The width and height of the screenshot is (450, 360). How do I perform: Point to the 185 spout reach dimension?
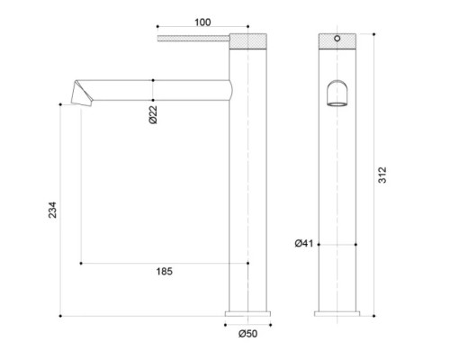tap(165, 271)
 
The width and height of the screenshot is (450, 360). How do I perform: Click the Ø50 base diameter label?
tap(247, 334)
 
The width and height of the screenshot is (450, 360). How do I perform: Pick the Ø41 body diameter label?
tap(303, 244)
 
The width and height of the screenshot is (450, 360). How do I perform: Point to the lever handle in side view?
tap(193, 39)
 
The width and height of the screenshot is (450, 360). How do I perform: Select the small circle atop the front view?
tap(339, 40)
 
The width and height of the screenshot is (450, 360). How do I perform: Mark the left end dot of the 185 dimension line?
tap(81, 263)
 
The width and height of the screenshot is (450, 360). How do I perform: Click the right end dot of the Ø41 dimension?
tap(357, 244)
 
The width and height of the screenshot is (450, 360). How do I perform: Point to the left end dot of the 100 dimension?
tap(157, 27)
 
